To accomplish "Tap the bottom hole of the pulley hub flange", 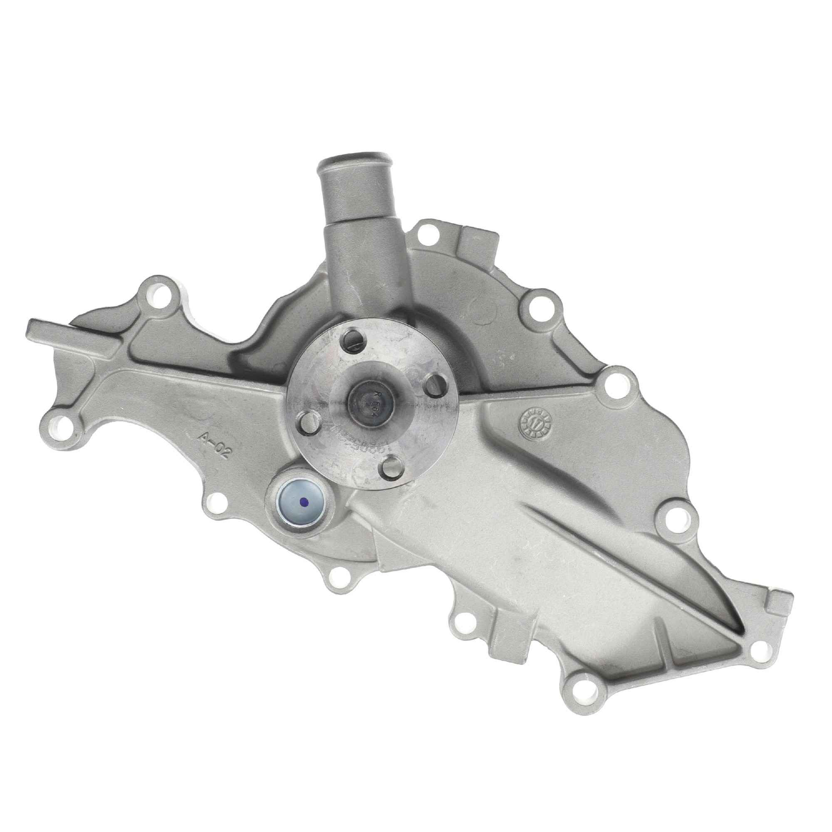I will click(391, 466).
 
